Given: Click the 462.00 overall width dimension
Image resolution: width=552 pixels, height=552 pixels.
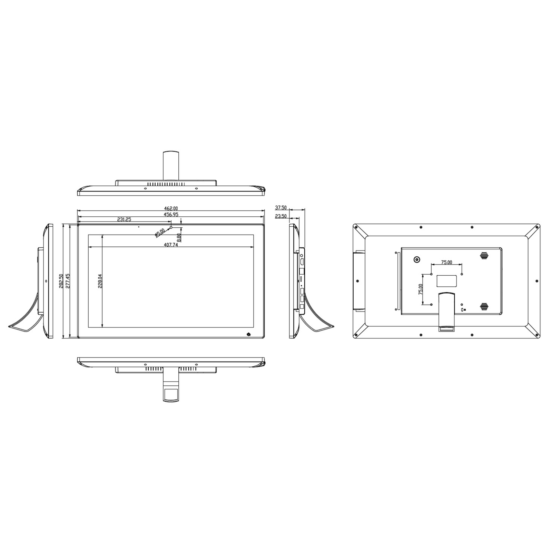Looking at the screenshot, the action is [171, 208].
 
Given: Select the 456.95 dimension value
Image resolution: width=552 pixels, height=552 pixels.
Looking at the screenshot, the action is [171, 214].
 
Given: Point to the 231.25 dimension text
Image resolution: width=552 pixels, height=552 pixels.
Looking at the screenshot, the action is [124, 219].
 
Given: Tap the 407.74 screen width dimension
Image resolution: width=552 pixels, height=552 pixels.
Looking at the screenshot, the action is [171, 245].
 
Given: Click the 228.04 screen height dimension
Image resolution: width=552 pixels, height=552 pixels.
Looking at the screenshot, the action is [100, 281].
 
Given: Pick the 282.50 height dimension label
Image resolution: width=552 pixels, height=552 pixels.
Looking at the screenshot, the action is [61, 281].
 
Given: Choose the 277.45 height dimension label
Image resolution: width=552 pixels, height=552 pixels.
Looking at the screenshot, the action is [68, 281].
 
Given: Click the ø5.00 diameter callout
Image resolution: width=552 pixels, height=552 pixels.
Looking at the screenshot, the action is [160, 233].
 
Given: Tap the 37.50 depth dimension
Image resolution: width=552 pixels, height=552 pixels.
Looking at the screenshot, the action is [281, 208].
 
